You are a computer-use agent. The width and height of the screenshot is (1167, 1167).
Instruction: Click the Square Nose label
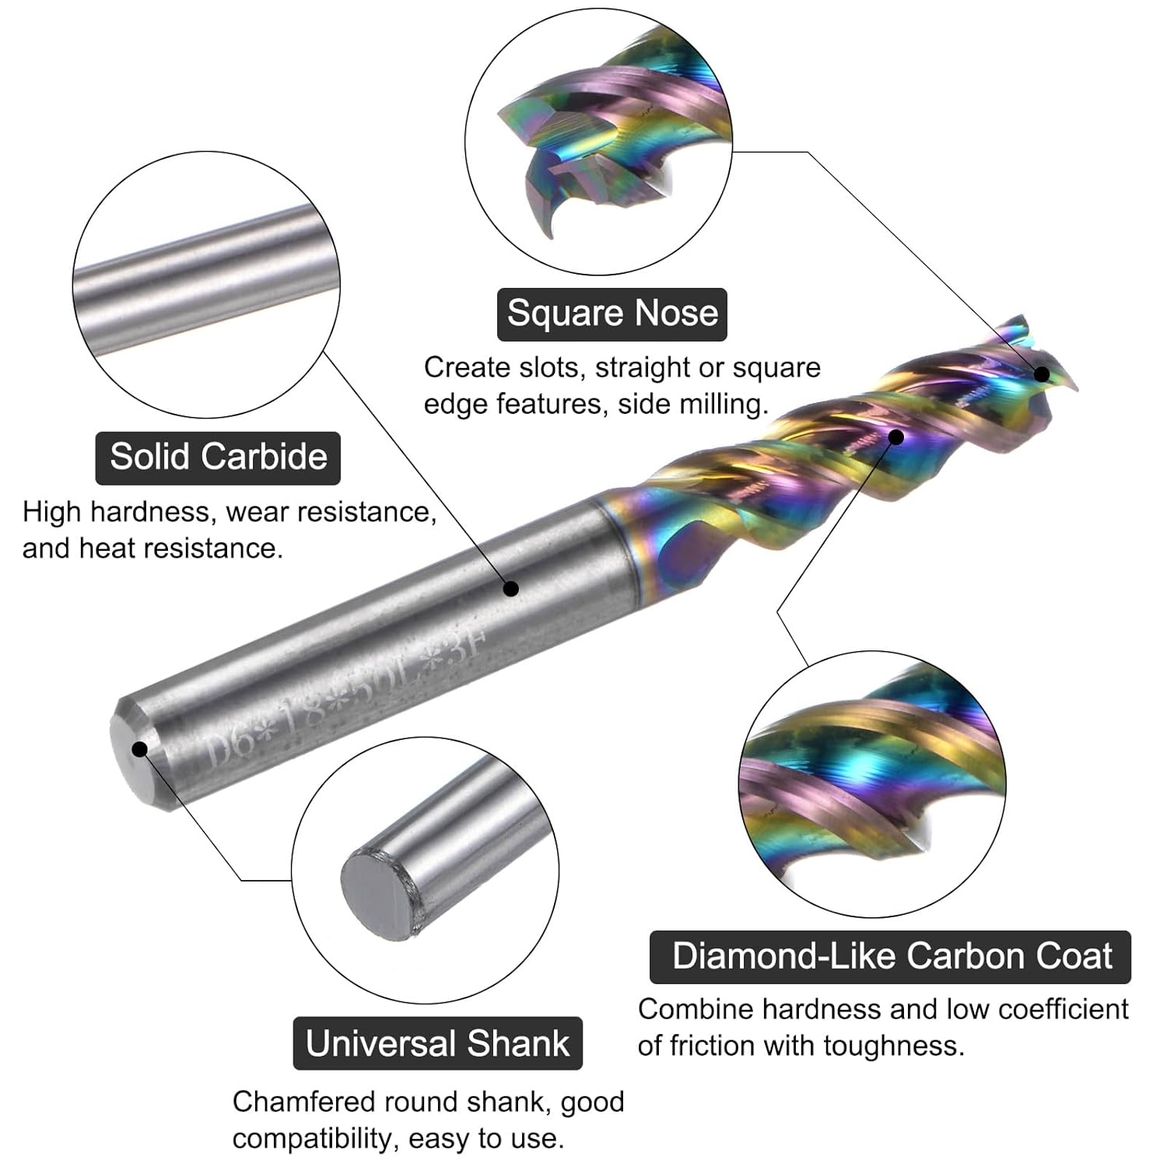(x=612, y=314)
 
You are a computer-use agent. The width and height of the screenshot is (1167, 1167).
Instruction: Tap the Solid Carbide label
(x=218, y=457)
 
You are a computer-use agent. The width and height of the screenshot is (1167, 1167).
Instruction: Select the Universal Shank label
(x=437, y=1043)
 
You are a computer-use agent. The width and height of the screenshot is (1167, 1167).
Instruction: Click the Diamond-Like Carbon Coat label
(x=891, y=956)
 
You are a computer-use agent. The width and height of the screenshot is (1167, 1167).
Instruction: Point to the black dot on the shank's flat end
(x=140, y=749)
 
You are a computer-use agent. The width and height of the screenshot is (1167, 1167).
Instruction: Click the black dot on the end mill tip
(x=1042, y=374)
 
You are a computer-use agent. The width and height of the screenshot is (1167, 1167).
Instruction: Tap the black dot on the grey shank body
(x=510, y=588)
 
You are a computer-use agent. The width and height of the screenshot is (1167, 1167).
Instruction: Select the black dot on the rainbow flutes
(x=896, y=436)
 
